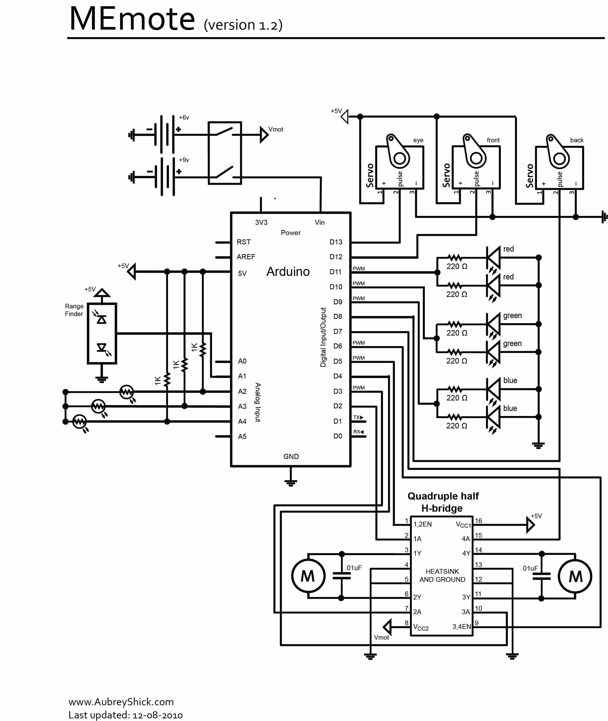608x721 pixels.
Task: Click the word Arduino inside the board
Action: (x=288, y=272)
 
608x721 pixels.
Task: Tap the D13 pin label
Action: (x=336, y=242)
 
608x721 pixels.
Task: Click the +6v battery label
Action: (x=184, y=118)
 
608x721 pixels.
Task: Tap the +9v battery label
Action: (x=184, y=160)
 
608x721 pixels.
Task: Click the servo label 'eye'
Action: (x=418, y=140)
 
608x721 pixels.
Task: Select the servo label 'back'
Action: (x=577, y=140)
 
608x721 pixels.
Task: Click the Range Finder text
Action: (x=74, y=310)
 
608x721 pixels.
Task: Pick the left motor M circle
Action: (x=308, y=576)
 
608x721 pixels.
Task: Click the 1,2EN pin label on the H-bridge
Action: (x=423, y=524)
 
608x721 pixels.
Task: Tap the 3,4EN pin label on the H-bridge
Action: (x=461, y=626)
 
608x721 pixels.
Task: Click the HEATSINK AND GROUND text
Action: (x=442, y=575)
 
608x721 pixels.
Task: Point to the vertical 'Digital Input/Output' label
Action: (x=323, y=337)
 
